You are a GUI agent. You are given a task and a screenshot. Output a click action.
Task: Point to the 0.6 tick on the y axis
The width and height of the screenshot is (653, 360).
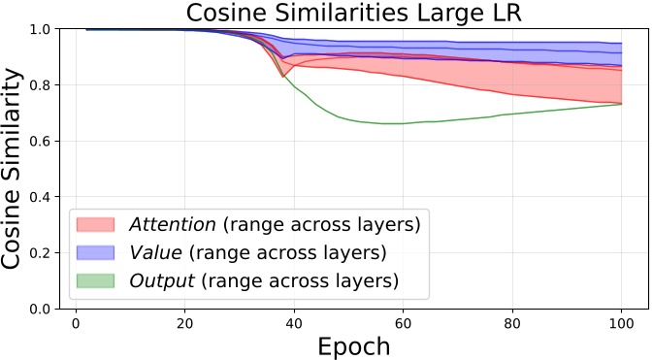pyautogui.click(x=43, y=142)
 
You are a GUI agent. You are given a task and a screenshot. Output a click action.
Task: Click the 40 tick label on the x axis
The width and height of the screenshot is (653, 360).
pyautogui.click(x=293, y=323)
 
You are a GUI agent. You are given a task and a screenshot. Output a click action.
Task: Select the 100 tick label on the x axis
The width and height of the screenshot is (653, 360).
pyautogui.click(x=621, y=323)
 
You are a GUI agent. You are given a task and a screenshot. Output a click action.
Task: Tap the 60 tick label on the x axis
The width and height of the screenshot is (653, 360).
pyautogui.click(x=403, y=323)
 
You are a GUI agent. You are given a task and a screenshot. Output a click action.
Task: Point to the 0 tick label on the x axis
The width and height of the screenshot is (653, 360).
pyautogui.click(x=75, y=323)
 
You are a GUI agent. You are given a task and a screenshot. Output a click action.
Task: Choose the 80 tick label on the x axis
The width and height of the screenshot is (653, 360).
pyautogui.click(x=511, y=323)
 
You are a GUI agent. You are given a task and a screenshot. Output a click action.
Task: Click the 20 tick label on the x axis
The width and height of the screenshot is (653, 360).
pyautogui.click(x=183, y=323)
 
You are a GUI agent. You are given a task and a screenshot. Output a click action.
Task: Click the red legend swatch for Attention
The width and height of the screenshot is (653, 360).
pyautogui.click(x=95, y=225)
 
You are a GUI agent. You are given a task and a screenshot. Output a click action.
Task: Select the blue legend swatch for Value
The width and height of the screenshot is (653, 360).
pyautogui.click(x=95, y=253)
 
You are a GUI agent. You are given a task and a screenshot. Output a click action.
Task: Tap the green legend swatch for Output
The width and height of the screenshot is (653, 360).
pyautogui.click(x=95, y=281)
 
